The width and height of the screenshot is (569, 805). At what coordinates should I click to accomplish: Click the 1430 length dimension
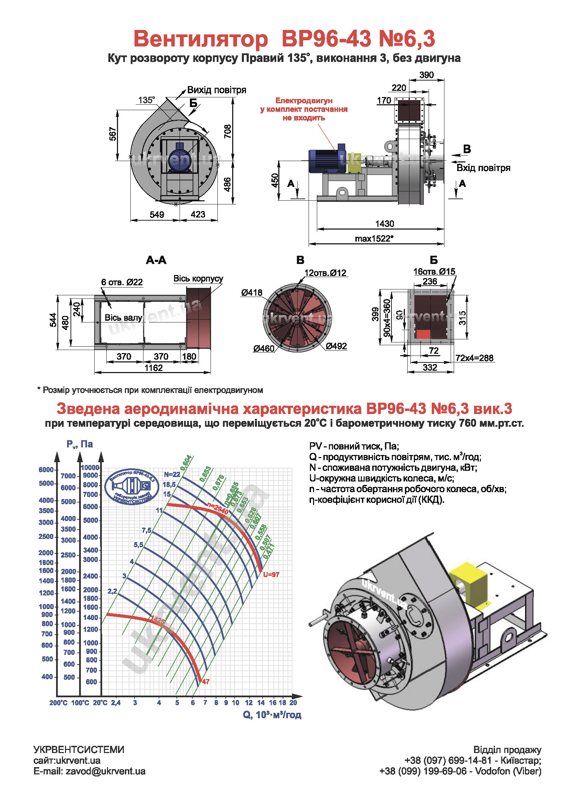pyautogui.click(x=384, y=223)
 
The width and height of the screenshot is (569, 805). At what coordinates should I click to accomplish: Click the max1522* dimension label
pyautogui.click(x=374, y=239)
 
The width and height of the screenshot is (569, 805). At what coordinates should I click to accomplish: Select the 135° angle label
pyautogui.click(x=147, y=100)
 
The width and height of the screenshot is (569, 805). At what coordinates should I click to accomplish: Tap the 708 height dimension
pyautogui.click(x=228, y=131)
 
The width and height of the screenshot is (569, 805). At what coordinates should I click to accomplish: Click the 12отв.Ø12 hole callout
pyautogui.click(x=325, y=273)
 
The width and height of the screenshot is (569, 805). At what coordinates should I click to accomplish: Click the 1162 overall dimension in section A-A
pyautogui.click(x=153, y=368)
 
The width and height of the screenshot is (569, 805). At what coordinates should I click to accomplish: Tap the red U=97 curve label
pyautogui.click(x=271, y=574)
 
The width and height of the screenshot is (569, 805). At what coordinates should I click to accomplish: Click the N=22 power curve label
pyautogui.click(x=172, y=474)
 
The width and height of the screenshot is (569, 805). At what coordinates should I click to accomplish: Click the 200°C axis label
pyautogui.click(x=58, y=703)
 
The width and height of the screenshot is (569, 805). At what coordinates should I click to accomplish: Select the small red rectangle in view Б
pyautogui.click(x=423, y=334)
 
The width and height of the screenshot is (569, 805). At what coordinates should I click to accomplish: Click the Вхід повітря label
pyautogui.click(x=483, y=168)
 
